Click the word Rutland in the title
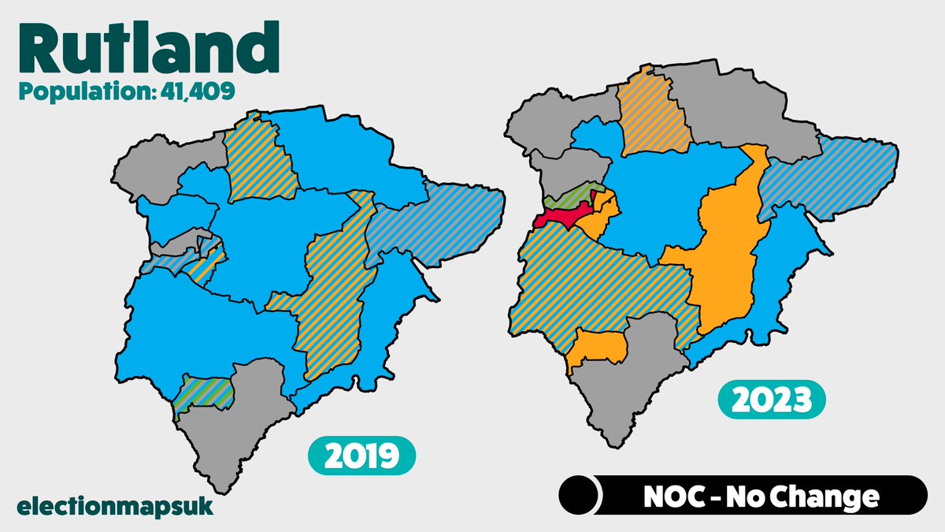tap(148, 49)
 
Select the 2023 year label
tap(771, 402)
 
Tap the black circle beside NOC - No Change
tap(580, 496)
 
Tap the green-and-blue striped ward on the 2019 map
tap(203, 392)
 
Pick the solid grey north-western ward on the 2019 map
tap(157, 169)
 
